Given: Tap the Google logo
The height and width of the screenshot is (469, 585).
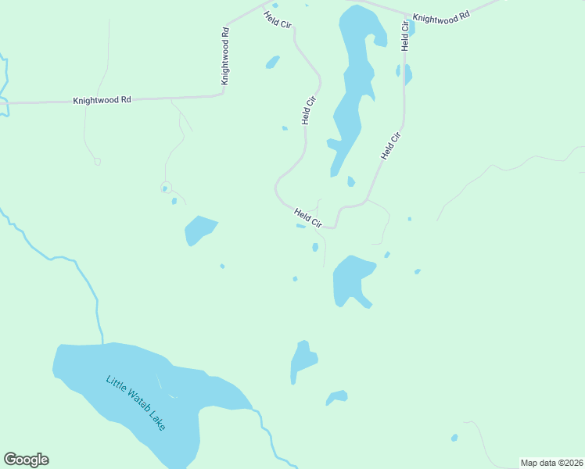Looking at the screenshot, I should point(26,460).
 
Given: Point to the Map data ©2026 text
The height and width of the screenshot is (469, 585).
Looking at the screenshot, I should point(551,463).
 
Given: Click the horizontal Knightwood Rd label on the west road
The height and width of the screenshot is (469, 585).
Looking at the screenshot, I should point(102,101).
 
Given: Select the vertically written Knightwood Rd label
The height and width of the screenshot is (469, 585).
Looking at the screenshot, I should point(225,56).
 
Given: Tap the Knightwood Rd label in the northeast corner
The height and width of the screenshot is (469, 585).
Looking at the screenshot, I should point(441,16).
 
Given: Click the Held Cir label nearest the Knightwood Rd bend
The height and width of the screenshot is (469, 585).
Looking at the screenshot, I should point(278,20).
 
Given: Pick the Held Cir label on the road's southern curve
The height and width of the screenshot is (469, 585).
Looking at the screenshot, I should point(308,218).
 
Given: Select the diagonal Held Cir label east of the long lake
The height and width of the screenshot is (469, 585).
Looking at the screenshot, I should point(391,146).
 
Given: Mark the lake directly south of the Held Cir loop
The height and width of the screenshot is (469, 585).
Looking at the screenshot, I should point(351,280).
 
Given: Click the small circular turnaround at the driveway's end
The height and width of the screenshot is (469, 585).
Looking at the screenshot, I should point(165,188).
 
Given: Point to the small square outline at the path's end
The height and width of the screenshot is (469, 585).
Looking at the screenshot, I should point(97,162).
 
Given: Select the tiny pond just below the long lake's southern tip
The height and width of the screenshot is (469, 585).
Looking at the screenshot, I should point(350,182).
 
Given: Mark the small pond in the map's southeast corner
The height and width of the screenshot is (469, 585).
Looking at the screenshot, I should point(454,438).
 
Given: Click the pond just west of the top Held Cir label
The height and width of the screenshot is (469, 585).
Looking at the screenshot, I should point(272,62).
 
